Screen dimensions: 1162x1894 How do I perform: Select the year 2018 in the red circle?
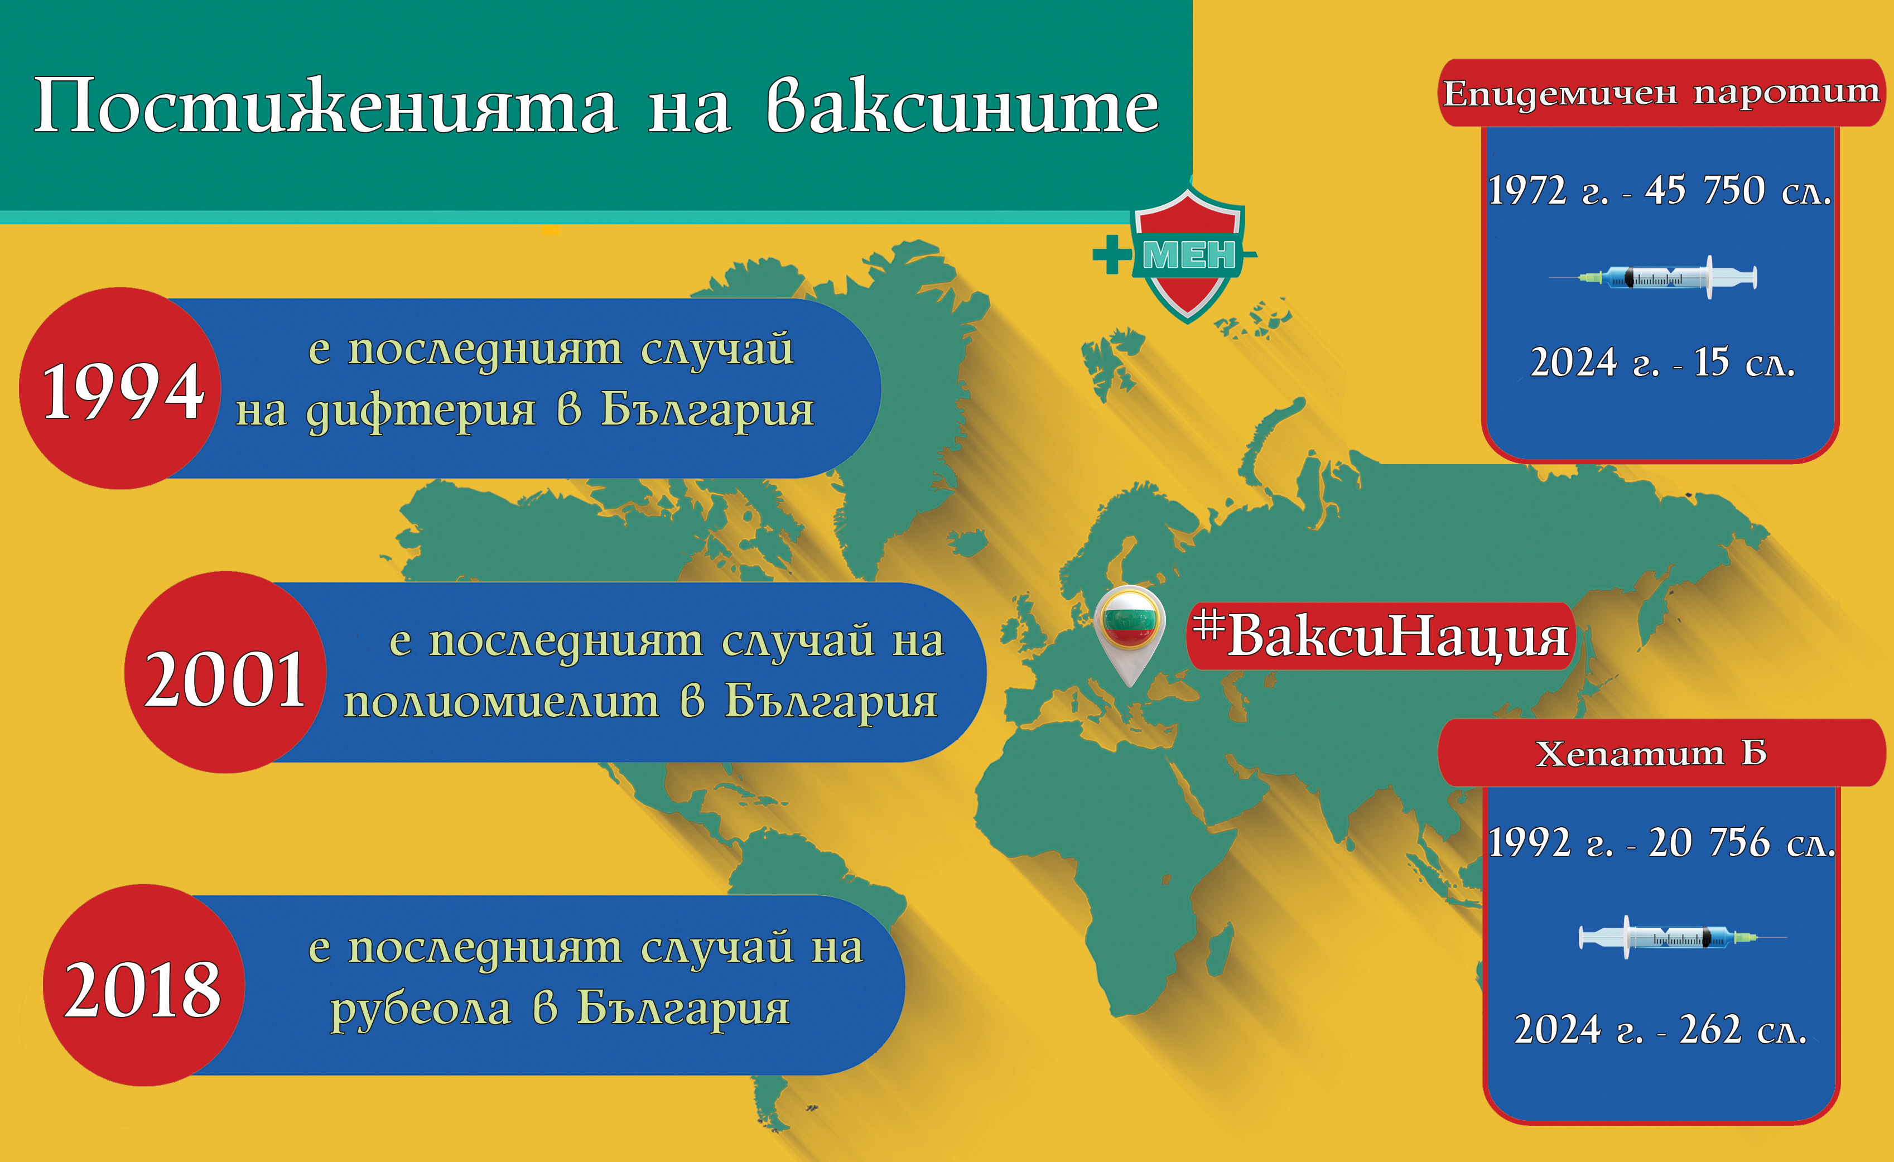coord(143,990)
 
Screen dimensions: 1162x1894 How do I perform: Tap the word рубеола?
coord(421,1008)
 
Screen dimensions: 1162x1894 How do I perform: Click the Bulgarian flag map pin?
coord(1129,626)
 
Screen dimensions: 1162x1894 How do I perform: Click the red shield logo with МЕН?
coord(1188,254)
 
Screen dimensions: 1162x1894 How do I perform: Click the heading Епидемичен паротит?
coord(1660,94)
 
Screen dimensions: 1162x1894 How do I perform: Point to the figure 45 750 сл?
coord(1737,191)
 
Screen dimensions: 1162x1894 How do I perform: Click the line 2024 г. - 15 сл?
coord(1662,363)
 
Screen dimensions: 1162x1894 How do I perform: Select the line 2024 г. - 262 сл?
coord(1660,1030)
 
